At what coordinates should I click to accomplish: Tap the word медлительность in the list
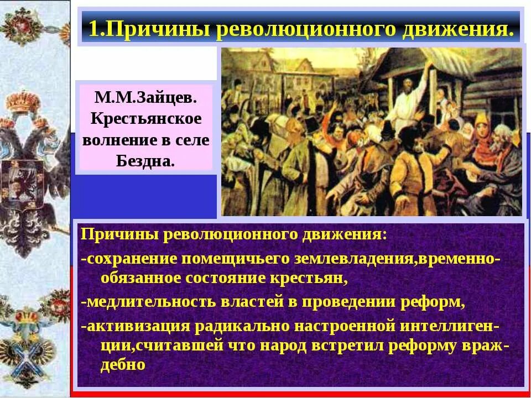point(150,302)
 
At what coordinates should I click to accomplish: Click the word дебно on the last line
point(123,365)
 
